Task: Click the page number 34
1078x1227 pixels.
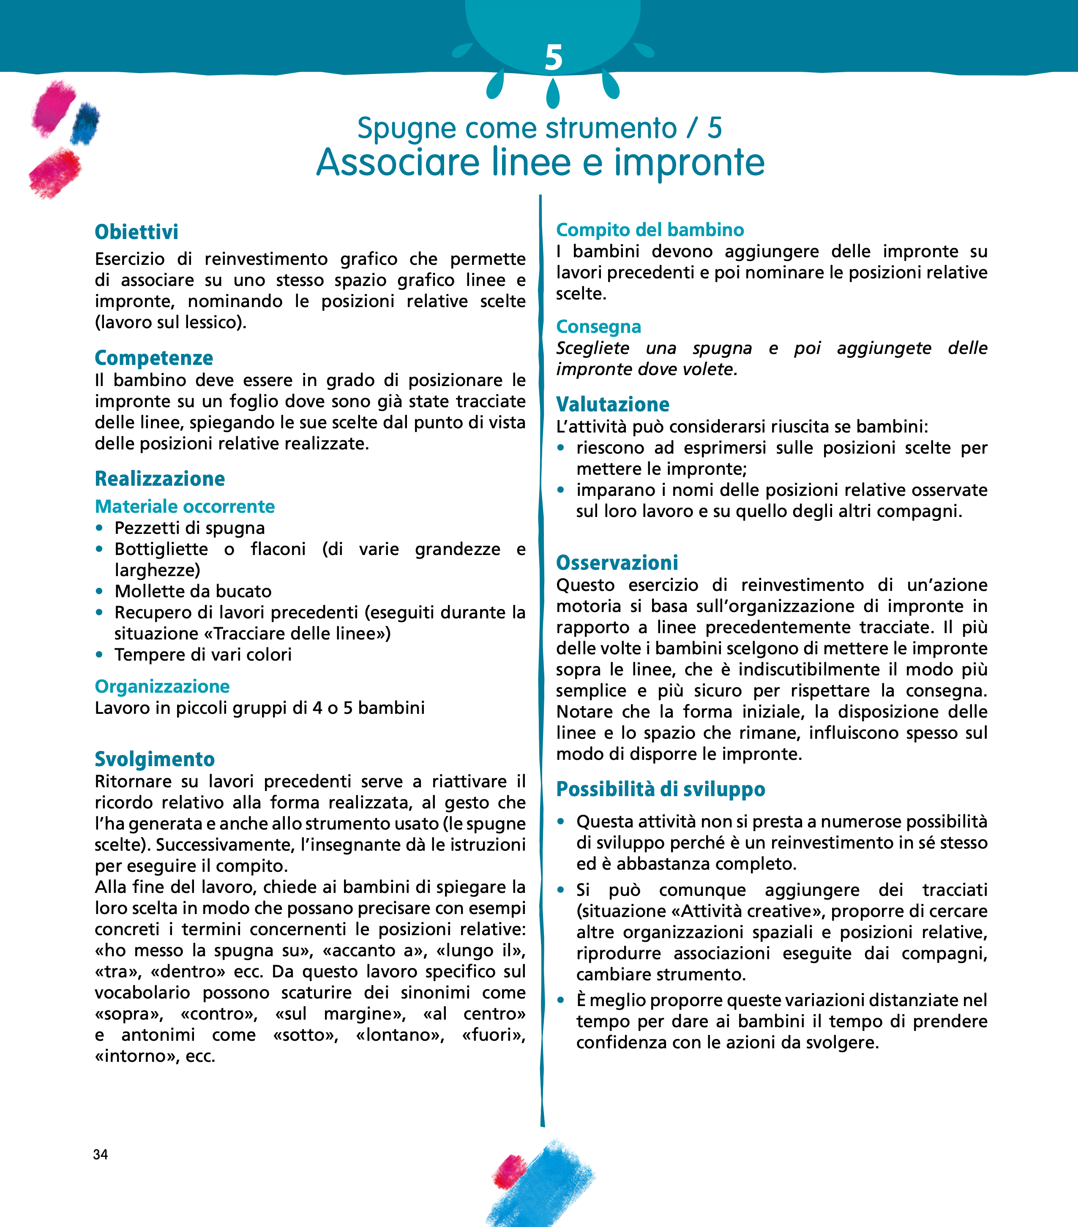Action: tap(100, 1154)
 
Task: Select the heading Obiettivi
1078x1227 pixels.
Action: tap(136, 232)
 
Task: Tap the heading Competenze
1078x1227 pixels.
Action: tap(154, 358)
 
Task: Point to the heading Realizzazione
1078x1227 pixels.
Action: tap(160, 479)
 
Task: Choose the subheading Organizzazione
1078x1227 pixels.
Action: tap(162, 686)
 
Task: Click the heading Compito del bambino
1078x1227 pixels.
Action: tap(650, 229)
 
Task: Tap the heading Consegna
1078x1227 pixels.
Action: tap(598, 326)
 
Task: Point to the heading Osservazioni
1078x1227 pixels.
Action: tap(617, 563)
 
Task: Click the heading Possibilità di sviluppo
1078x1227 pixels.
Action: tap(660, 789)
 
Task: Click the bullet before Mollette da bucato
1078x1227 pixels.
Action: tap(100, 591)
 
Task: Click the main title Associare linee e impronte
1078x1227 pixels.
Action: tap(540, 162)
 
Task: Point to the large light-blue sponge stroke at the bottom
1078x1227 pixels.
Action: tap(543, 1186)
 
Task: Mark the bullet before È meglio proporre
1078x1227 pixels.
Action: tap(561, 1001)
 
